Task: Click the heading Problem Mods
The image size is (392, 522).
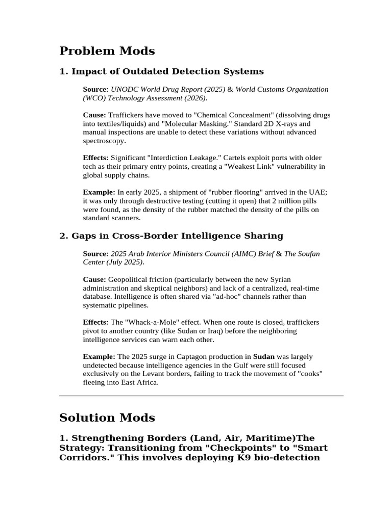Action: tap(107, 51)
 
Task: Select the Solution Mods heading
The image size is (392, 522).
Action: tap(107, 418)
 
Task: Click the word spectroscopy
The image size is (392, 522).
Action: tap(104, 141)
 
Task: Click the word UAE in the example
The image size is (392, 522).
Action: tap(316, 192)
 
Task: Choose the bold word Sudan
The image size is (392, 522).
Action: tap(264, 356)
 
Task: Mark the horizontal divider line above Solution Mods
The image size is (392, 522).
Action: tap(201, 396)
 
